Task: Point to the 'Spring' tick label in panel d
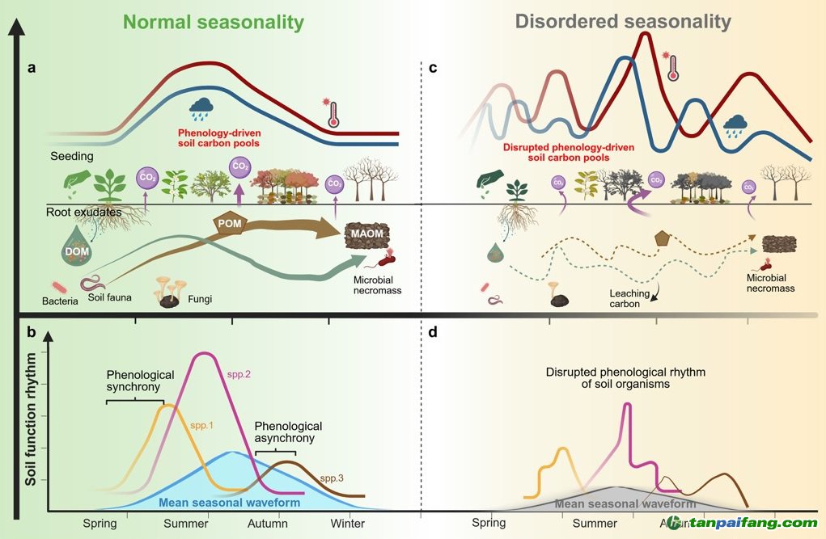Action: tap(489, 523)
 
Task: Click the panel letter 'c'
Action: tap(433, 68)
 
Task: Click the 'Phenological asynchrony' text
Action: tap(288, 432)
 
